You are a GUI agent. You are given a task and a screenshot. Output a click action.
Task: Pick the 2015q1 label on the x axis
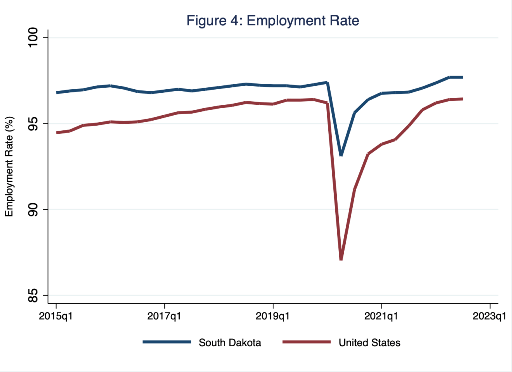(x=56, y=316)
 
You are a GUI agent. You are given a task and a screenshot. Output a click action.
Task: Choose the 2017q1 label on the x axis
(x=165, y=316)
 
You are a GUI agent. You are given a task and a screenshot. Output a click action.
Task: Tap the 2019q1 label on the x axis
(x=273, y=316)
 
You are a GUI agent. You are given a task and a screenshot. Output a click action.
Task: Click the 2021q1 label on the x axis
(x=381, y=316)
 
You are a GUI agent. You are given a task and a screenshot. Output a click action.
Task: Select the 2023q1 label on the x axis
(x=490, y=316)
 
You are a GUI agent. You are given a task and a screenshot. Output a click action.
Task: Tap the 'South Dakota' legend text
(x=230, y=343)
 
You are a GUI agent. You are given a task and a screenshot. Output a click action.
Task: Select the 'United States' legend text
(x=369, y=343)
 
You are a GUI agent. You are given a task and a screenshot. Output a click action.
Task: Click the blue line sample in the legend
(x=167, y=342)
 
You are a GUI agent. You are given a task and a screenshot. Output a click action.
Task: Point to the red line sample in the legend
(x=306, y=342)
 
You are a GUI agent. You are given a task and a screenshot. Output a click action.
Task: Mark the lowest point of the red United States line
(x=341, y=259)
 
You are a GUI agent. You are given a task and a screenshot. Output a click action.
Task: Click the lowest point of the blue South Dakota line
(x=341, y=155)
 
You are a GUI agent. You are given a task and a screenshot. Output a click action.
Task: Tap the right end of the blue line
(x=462, y=77)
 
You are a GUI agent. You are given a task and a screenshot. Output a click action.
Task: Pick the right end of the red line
(x=462, y=99)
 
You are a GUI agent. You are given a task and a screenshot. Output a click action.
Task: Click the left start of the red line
(x=57, y=133)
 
